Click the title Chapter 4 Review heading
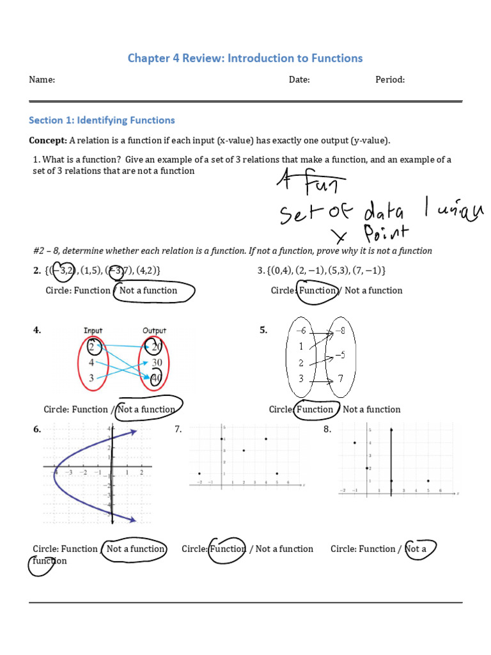(x=245, y=58)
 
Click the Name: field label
(x=42, y=80)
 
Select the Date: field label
(x=299, y=80)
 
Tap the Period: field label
(x=390, y=80)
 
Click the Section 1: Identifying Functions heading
(x=102, y=120)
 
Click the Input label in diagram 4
(x=93, y=331)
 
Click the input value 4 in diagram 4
(x=91, y=363)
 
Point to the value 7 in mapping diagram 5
(x=341, y=379)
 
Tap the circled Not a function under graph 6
(x=135, y=549)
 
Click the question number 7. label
(x=178, y=430)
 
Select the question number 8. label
(x=327, y=430)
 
